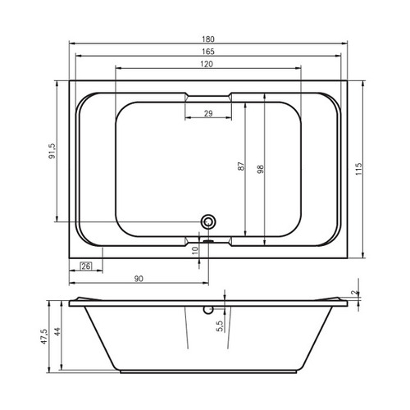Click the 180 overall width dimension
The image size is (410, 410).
point(208,39)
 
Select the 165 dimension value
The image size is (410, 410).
point(208,52)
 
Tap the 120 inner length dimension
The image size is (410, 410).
point(207,64)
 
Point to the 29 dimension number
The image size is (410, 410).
point(208,113)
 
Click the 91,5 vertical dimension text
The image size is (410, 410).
point(52,151)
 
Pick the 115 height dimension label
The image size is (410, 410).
point(359,169)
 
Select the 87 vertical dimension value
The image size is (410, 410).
point(241,166)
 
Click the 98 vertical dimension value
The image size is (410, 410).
point(261,169)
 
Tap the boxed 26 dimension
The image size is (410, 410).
point(86,266)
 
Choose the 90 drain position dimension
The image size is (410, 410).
point(139,279)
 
